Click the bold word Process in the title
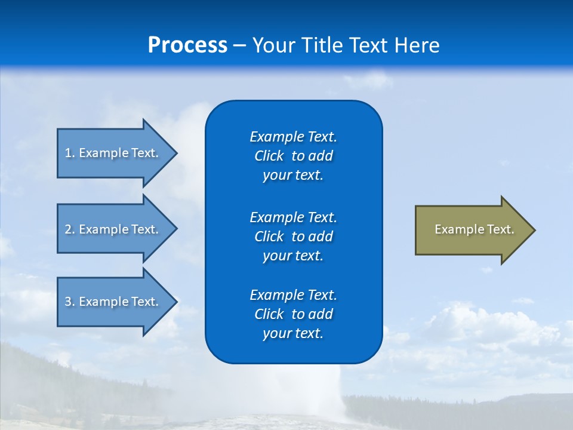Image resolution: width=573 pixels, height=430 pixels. point(187,45)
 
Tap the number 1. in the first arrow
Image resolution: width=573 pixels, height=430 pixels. point(69,153)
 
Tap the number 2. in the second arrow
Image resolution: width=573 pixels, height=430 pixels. point(69,229)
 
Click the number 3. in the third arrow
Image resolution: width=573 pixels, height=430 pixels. point(69,302)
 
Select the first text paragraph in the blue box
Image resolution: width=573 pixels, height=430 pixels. point(293,156)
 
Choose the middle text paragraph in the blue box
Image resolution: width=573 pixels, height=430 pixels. point(293,236)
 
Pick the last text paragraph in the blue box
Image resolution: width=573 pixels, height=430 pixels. point(293,314)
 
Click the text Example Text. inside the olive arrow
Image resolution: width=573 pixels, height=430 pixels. point(475,229)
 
